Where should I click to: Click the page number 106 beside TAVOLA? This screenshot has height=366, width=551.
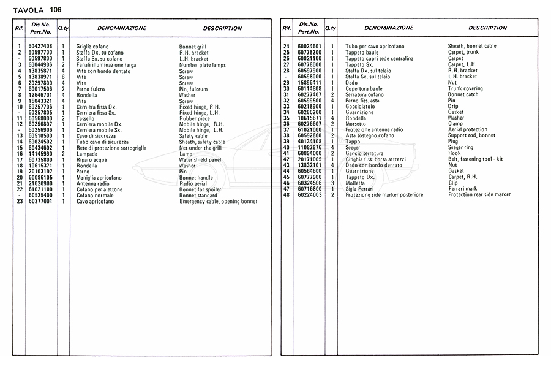[x=56, y=9]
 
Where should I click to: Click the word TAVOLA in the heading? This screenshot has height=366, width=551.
[x=27, y=9]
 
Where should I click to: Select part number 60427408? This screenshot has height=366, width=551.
[x=40, y=47]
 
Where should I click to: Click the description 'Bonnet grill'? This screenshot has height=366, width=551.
[x=193, y=47]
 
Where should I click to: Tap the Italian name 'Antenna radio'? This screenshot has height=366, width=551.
[x=93, y=183]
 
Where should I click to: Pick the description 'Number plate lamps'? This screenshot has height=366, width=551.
[x=203, y=65]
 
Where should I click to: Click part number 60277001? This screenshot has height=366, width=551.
[x=40, y=202]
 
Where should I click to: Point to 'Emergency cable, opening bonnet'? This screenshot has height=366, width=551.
[x=218, y=202]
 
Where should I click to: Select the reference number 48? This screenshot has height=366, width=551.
[x=286, y=195]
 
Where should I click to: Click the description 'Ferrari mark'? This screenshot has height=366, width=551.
[x=463, y=189]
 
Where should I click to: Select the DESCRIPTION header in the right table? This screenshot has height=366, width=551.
[x=487, y=28]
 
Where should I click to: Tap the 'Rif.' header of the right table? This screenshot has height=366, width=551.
[x=286, y=28]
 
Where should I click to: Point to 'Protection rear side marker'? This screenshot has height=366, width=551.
[x=479, y=195]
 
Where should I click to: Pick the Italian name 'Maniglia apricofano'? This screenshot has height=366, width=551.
[x=99, y=177]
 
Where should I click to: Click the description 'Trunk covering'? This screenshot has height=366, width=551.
[x=465, y=89]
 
